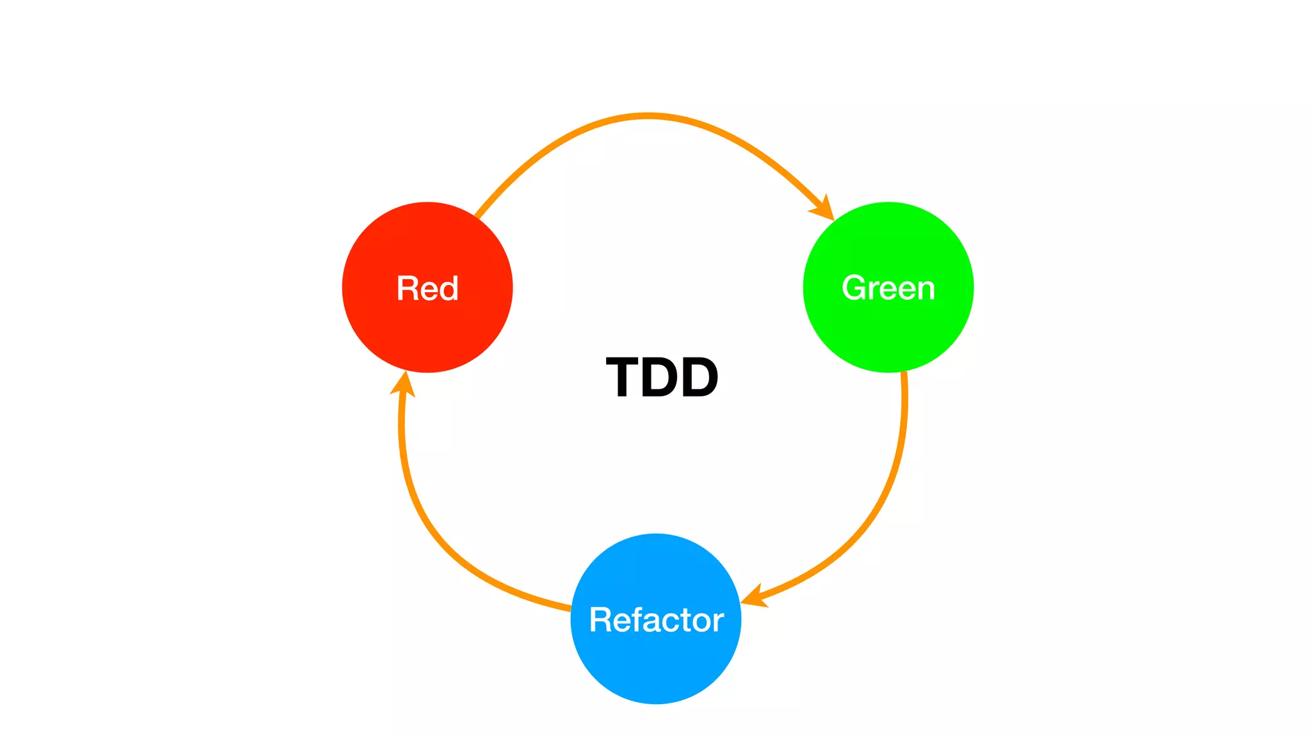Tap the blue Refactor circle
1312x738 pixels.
(x=656, y=666)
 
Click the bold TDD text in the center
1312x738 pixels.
(x=662, y=378)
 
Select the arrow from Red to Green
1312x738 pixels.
(x=647, y=116)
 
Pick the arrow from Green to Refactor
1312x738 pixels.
(x=884, y=500)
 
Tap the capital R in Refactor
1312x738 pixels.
(x=601, y=620)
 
